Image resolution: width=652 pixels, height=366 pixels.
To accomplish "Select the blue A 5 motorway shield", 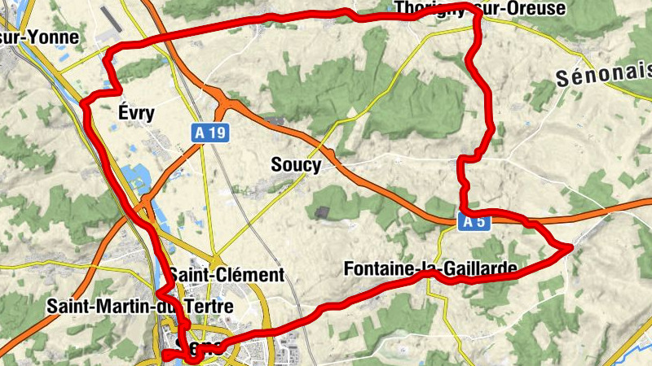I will click(473, 221).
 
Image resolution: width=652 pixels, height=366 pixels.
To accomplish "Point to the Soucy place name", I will click(295, 165).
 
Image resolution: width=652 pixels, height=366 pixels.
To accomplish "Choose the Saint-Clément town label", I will click(227, 275).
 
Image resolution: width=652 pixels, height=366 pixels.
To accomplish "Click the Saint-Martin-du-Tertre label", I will click(140, 307).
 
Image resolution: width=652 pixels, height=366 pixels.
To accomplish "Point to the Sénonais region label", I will click(603, 78).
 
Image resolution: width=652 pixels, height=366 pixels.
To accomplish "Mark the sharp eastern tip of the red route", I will click(570, 246).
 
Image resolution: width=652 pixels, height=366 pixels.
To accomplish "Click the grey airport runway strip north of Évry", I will click(115, 20).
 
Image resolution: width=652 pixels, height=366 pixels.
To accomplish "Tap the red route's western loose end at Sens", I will click(165, 355).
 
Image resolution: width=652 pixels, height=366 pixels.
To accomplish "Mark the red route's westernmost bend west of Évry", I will click(84, 103).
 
